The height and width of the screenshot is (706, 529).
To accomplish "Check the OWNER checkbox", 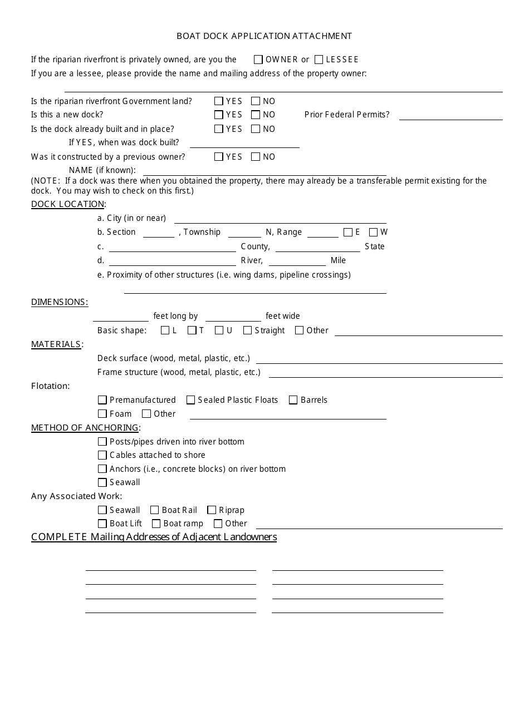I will (258, 60).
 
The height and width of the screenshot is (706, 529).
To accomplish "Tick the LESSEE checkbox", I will (319, 60).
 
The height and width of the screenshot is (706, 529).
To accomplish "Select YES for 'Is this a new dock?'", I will (219, 115).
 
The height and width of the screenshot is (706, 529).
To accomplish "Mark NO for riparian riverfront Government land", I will (256, 101).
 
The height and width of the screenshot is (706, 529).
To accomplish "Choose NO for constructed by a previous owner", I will (256, 157).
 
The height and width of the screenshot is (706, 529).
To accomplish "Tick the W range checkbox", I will (374, 233).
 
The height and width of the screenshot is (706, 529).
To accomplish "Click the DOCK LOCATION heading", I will (68, 204).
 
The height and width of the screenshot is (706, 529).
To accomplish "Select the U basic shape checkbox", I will (219, 330).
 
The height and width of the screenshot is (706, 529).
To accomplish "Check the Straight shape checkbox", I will (247, 330).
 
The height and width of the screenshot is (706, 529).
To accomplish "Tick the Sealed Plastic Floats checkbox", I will (191, 400).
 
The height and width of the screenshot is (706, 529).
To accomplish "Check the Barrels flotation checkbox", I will (293, 400).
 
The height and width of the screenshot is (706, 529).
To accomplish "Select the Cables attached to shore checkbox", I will (102, 455).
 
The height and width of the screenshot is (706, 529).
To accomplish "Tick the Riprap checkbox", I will (212, 510).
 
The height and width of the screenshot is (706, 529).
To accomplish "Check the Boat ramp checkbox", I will (156, 524).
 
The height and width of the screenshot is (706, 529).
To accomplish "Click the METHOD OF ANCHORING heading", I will (85, 428).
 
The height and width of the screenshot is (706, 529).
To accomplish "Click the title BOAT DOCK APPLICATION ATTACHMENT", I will (264, 36).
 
